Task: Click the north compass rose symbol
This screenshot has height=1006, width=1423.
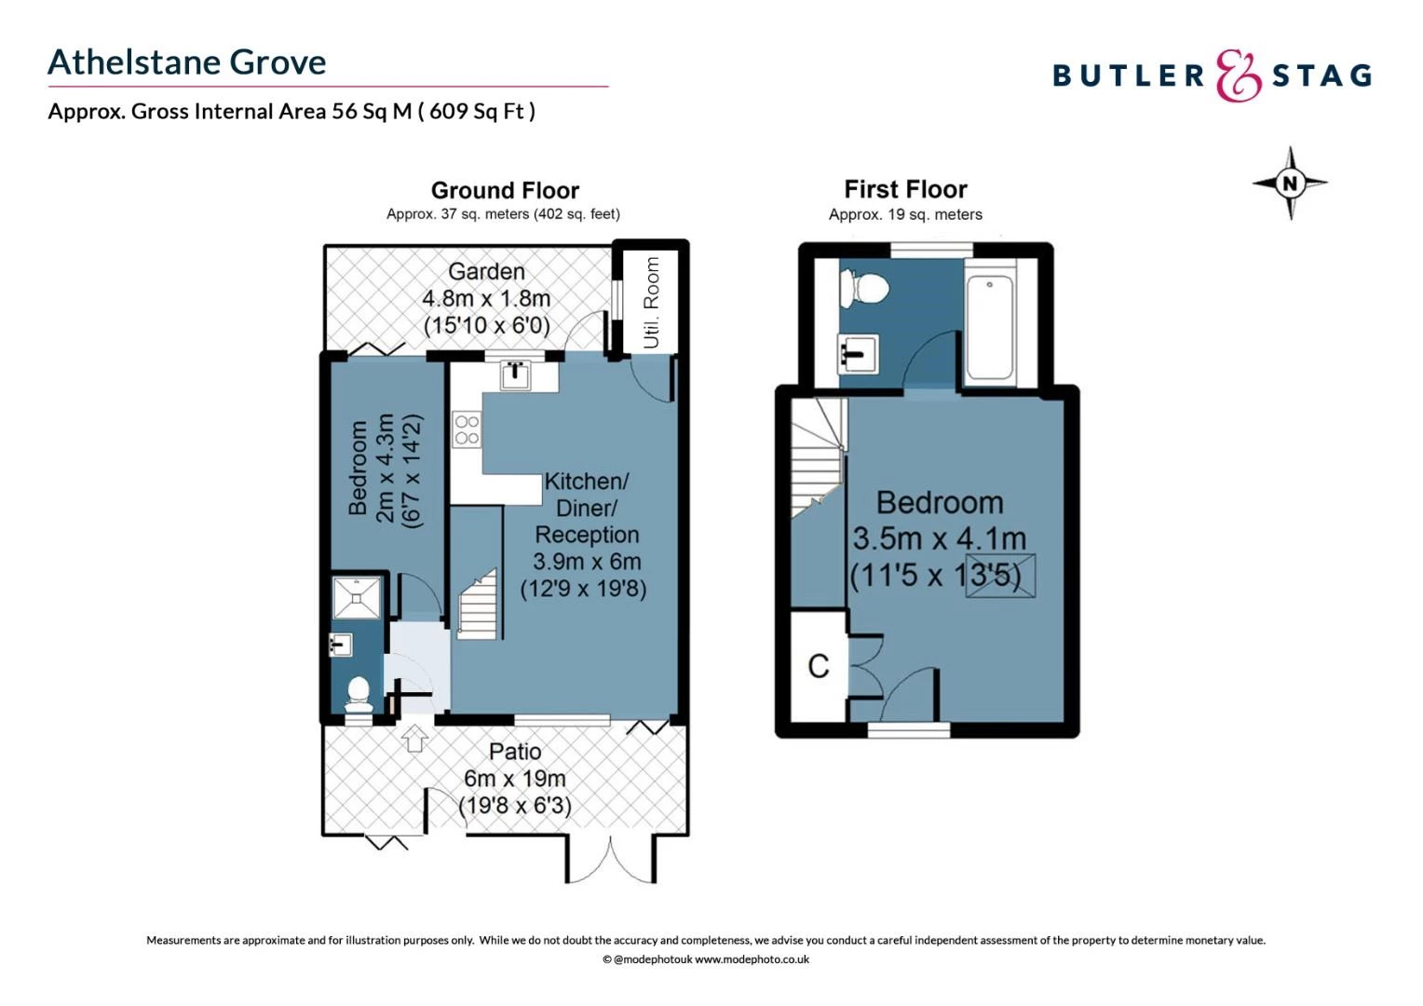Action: click(x=1290, y=184)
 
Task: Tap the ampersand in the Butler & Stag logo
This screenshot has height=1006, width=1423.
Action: click(x=1238, y=76)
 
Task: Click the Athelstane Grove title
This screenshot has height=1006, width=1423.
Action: click(x=187, y=62)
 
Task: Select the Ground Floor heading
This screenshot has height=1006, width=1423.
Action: click(x=505, y=191)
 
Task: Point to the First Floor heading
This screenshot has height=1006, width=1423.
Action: click(x=905, y=190)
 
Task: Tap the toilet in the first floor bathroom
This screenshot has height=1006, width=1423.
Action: click(x=863, y=287)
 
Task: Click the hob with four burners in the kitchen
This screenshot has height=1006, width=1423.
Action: click(x=467, y=429)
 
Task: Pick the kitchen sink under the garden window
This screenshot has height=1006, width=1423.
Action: click(x=515, y=374)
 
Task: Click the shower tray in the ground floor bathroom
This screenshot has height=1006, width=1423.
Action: click(x=358, y=597)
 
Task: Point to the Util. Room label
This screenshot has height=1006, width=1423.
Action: click(x=651, y=303)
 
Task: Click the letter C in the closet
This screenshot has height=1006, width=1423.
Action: click(x=818, y=666)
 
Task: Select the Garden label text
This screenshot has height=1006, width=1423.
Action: click(x=486, y=272)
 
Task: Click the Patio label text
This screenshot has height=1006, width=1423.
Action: click(x=515, y=752)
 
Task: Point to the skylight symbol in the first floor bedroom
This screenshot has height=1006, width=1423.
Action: click(x=1000, y=575)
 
